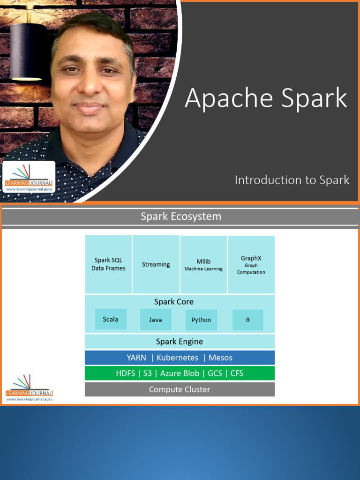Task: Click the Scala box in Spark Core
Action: click(111, 319)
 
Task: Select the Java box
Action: click(156, 320)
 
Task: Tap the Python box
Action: click(201, 320)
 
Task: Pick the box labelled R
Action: click(247, 320)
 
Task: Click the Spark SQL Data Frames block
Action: click(108, 264)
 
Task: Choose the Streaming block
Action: click(156, 264)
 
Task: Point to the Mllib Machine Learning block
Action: click(203, 265)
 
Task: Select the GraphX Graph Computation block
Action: click(251, 264)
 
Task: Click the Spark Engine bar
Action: click(180, 341)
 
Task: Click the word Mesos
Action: click(220, 358)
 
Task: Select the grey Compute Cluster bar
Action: click(180, 390)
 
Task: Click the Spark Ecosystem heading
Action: click(181, 217)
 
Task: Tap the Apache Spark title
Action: click(266, 98)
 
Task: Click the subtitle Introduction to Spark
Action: click(292, 180)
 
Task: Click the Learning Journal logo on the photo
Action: click(29, 177)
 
